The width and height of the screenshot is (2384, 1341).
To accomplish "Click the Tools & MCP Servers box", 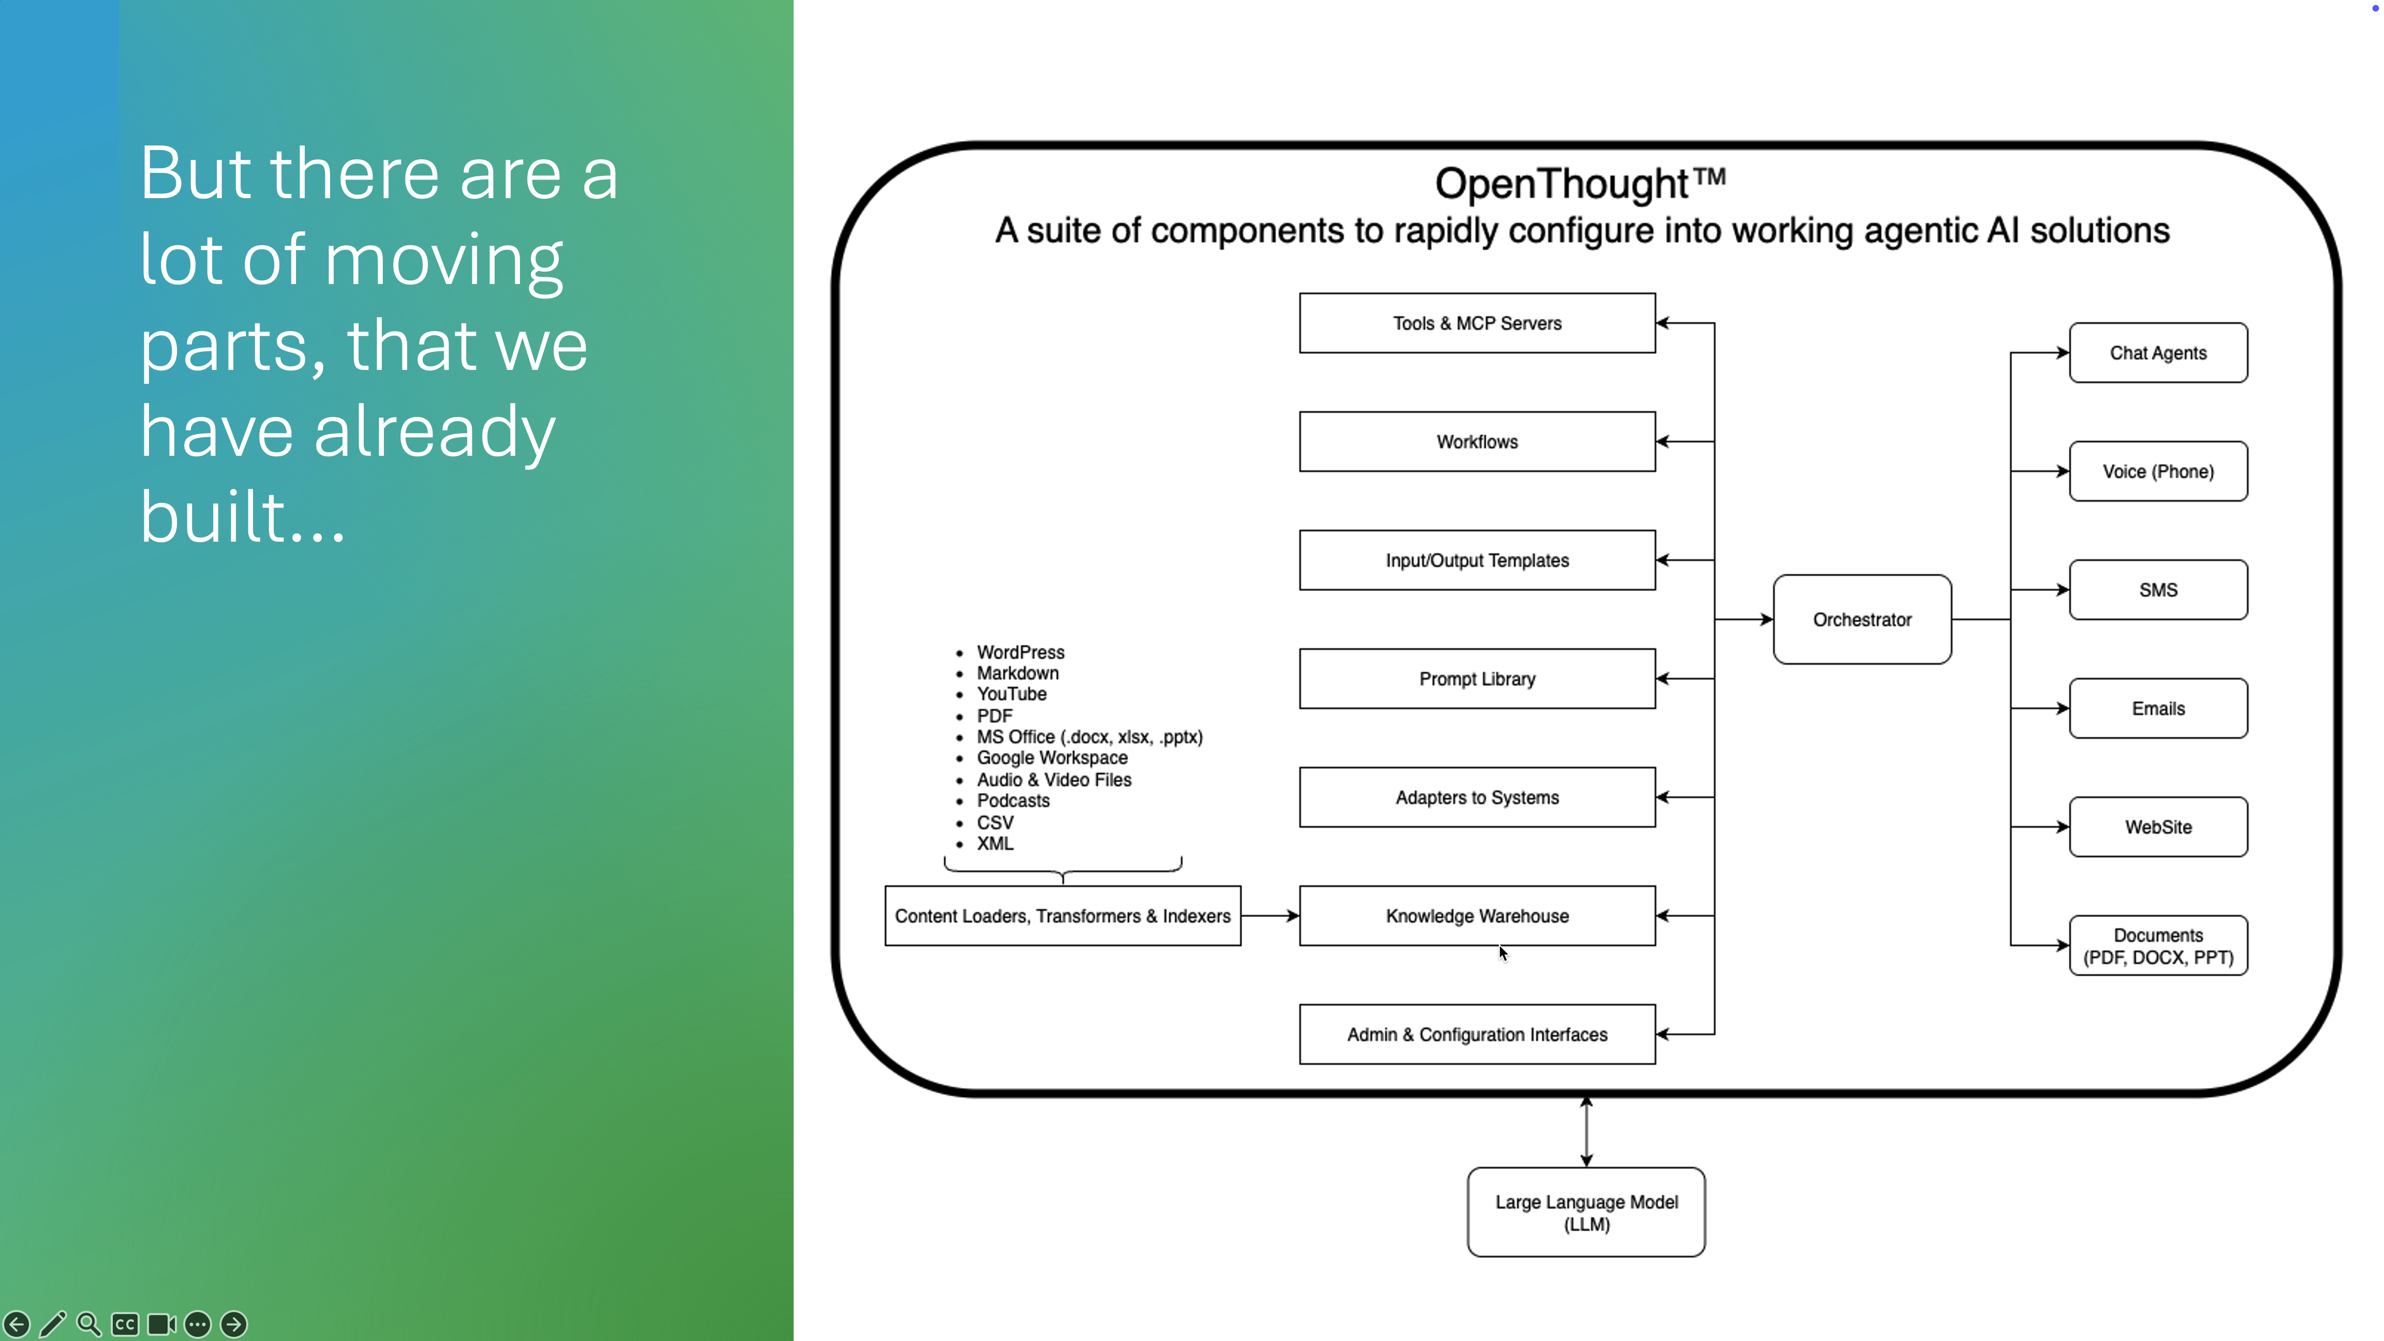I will point(1477,323).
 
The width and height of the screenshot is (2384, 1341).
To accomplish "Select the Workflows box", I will point(1477,441).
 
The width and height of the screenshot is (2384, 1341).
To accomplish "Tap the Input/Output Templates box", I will point(1477,560).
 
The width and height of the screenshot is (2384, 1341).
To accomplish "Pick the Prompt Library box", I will point(1477,678).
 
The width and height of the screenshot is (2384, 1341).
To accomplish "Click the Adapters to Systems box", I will point(1477,797).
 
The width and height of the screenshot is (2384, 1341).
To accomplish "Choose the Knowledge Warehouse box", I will point(1477,915).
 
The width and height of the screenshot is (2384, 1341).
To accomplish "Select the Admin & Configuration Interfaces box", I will point(1477,1034).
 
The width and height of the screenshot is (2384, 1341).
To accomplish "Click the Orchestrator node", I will point(1862,619).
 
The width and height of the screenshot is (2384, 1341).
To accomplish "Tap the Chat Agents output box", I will point(2158,353).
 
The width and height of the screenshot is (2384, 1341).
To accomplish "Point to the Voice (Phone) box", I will point(2158,471).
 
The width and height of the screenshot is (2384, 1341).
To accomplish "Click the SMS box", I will point(2158,589).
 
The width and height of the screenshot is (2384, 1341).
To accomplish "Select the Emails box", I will point(2158,708).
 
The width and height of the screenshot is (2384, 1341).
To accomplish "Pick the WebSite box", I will point(2158,826).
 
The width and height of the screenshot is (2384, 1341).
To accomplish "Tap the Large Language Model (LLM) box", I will point(1586,1212).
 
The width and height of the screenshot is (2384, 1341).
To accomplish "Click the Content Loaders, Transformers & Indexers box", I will point(1063,915).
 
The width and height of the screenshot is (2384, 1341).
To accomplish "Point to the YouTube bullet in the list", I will point(1011,694).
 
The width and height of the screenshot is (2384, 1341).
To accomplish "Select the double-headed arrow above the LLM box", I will point(1586,1131).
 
